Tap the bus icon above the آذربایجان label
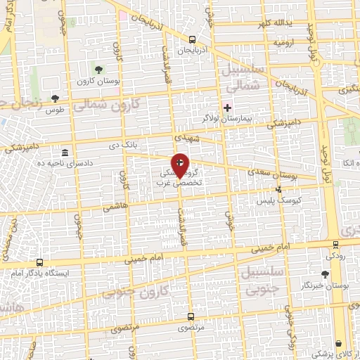pos(193,39)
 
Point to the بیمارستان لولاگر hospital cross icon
pos(226,107)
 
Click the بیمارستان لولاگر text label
pos(227,119)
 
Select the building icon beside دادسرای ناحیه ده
pos(65,153)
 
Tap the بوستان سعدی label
pos(270,172)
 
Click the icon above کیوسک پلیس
pos(279,189)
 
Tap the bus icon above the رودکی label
pos(335,244)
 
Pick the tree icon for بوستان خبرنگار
pos(326,275)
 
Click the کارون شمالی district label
pos(115,105)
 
